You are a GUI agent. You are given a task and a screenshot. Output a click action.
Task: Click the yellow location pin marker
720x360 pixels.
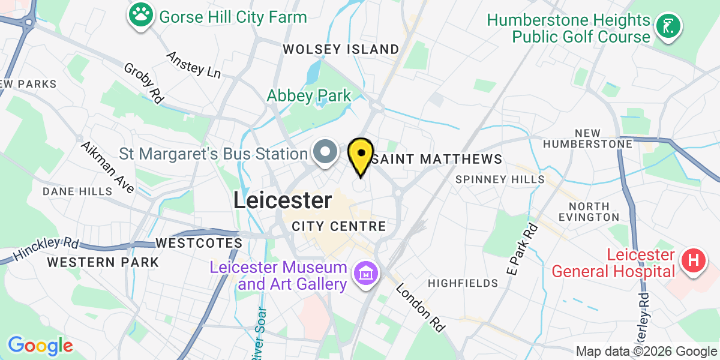[x=361, y=155]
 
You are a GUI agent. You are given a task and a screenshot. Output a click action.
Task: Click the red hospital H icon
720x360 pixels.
[x=694, y=262]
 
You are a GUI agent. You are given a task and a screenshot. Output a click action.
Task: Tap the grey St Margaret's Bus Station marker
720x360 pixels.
[x=326, y=152]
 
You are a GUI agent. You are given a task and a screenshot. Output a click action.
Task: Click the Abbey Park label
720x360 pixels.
[x=309, y=95]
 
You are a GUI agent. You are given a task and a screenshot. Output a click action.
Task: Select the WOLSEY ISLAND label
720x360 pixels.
[x=341, y=49]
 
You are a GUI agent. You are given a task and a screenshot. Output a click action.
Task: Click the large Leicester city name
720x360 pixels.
[x=282, y=200]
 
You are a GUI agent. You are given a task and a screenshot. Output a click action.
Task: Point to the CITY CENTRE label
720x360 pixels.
[x=339, y=227]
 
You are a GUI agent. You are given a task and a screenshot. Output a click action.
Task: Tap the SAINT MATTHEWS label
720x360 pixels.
[x=436, y=159]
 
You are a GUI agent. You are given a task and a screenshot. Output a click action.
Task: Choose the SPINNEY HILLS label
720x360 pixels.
[x=500, y=179]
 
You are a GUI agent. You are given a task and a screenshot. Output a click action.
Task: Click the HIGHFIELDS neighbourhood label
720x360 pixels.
[x=463, y=283]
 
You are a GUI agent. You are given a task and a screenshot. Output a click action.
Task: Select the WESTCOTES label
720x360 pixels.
[x=199, y=243]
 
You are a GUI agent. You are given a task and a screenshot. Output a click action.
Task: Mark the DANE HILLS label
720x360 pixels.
[x=77, y=191]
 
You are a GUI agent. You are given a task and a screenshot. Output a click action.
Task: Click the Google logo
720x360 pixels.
[x=40, y=346]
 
